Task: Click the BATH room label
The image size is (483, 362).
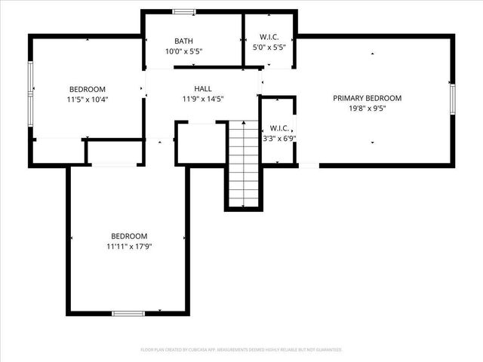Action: [x=184, y=41]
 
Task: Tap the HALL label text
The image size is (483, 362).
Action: [x=202, y=88]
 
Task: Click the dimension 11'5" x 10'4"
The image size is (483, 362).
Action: [x=88, y=99]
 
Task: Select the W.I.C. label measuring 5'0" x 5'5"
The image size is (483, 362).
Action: [x=269, y=36]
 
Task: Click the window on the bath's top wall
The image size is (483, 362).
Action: [x=183, y=11]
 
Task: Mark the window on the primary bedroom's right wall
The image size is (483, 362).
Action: [x=453, y=99]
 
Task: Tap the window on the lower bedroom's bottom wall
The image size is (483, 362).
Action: [x=128, y=313]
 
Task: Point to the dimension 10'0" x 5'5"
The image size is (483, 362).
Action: [x=184, y=51]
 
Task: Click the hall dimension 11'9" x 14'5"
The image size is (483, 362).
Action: [x=202, y=98]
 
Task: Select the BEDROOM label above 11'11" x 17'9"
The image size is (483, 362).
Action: [x=129, y=236]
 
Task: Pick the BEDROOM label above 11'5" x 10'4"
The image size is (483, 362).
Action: [x=88, y=89]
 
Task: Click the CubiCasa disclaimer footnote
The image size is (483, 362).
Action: [x=241, y=350]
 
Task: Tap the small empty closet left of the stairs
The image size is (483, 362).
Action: [x=200, y=143]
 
